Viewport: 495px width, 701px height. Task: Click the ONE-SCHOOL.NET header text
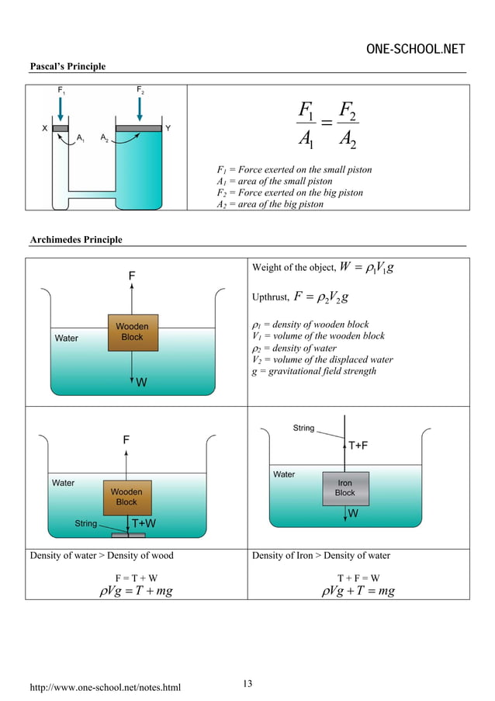[x=415, y=50]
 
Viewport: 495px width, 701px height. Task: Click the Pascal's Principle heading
[x=67, y=66]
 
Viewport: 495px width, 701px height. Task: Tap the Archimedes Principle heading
[x=75, y=239]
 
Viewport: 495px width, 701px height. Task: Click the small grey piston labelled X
[x=61, y=128]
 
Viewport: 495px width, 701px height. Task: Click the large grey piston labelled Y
[x=139, y=128]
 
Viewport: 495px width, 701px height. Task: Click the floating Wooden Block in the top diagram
[x=132, y=332]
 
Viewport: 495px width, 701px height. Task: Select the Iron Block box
[x=344, y=488]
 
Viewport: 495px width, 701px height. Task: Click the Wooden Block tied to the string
[x=126, y=497]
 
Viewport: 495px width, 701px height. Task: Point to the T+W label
[x=144, y=523]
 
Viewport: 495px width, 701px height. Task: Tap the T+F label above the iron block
[x=358, y=446]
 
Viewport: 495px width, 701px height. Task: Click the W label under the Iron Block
[x=353, y=514]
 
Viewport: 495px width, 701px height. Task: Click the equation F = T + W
[x=136, y=578]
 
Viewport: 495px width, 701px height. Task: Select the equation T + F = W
[x=358, y=578]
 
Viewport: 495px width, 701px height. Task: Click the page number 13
[x=247, y=683]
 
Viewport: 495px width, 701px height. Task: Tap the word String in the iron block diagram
[x=303, y=428]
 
